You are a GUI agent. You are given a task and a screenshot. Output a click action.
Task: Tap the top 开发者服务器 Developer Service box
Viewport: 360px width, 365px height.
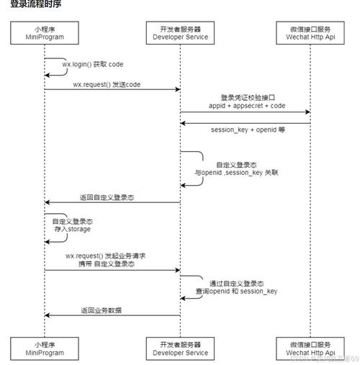click(x=179, y=32)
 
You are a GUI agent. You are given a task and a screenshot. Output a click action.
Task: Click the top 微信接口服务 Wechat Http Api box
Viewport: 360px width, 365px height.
click(x=310, y=32)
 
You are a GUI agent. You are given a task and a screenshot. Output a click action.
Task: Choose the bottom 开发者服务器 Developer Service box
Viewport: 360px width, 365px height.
click(x=179, y=348)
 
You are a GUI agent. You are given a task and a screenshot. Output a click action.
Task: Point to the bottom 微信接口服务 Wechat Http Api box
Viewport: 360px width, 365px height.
click(x=310, y=348)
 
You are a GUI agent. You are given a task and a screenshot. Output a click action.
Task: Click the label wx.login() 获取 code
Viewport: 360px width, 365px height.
click(x=92, y=64)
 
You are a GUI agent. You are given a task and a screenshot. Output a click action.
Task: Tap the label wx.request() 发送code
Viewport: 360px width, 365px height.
click(x=106, y=84)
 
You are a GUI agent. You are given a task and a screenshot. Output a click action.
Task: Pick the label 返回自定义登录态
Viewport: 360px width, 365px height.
click(x=107, y=197)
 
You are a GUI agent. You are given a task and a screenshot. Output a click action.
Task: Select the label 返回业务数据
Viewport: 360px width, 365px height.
click(x=102, y=310)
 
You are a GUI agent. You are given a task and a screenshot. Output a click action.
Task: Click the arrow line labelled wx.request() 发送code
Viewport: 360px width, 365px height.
click(x=112, y=90)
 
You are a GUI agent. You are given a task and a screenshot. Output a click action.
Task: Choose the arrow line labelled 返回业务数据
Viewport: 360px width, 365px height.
click(x=112, y=315)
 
